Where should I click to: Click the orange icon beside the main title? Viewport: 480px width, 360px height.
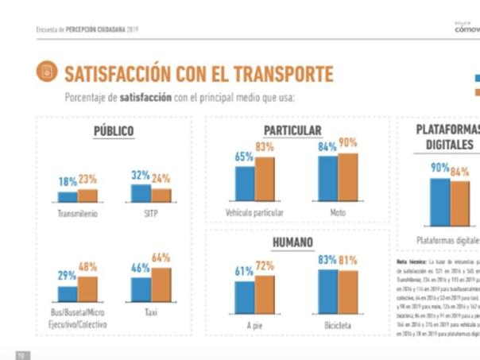47,72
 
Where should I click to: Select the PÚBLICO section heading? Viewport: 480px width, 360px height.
114,131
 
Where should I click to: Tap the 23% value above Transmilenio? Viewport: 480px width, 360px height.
87,180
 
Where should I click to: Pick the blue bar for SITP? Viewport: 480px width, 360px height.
141,193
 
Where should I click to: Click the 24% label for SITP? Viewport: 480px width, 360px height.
161,178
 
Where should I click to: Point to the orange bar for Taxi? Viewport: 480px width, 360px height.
161,285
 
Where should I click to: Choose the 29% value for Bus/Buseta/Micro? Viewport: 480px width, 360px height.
67,274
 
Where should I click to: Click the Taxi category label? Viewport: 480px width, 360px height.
152,313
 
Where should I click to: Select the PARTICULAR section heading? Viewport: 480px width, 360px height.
293,130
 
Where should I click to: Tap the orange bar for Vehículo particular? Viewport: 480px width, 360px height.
265,179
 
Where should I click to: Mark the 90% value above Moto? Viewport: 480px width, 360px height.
348,143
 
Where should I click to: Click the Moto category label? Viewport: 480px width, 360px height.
338,213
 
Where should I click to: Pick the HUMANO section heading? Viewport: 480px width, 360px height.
292,242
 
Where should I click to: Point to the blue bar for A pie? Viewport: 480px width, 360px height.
244,297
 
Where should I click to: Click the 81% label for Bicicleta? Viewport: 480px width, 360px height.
348,260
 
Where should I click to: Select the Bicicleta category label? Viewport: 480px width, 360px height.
338,326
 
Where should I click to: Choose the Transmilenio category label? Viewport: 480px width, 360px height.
78,213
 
